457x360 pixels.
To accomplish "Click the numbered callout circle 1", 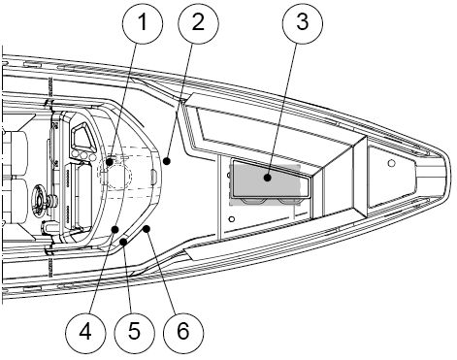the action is point(143,24).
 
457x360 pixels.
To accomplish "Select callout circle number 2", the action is point(199,24).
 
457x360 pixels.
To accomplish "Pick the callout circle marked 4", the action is point(85,333).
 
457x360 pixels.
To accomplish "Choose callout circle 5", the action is point(135,333).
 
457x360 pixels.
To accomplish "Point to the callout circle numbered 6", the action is point(183,333).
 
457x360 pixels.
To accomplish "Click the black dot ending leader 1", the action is point(110,161).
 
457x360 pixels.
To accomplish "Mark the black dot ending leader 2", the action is point(167,161).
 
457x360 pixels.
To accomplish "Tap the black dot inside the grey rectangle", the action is point(267,178).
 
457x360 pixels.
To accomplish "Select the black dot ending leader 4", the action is point(115,229).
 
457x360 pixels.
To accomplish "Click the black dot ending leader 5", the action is point(123,242).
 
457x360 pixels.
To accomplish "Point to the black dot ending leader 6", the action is point(147,229).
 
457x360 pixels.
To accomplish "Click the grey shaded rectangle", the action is point(265,184).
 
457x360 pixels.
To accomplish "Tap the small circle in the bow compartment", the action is point(391,163).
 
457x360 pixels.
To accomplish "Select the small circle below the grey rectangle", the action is point(232,219).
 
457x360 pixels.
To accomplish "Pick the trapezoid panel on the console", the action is point(82,136).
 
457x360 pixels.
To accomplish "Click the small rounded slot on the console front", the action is point(154,177).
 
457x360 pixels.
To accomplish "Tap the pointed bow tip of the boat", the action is point(449,175).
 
